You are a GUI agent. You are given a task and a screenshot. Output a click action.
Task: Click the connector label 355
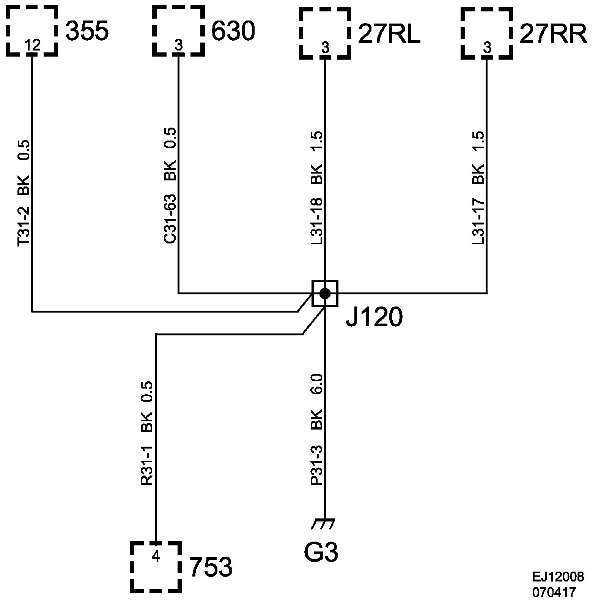point(87,31)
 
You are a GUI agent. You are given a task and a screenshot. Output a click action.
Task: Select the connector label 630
point(233,31)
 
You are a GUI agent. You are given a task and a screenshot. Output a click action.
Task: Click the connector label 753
point(210,567)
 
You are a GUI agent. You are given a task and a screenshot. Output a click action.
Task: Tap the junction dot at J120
point(325,293)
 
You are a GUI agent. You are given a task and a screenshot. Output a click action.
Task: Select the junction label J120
point(374,318)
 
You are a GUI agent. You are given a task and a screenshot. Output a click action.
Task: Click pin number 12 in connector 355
point(32,46)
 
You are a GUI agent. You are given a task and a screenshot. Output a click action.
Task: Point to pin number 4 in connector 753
point(156,556)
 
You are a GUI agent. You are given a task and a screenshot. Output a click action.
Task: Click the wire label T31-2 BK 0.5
point(24,193)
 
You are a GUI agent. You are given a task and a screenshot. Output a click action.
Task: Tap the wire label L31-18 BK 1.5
point(316,188)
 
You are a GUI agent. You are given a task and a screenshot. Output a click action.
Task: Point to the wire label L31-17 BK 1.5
point(478,188)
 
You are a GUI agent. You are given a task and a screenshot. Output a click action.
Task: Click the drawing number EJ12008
point(558,577)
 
